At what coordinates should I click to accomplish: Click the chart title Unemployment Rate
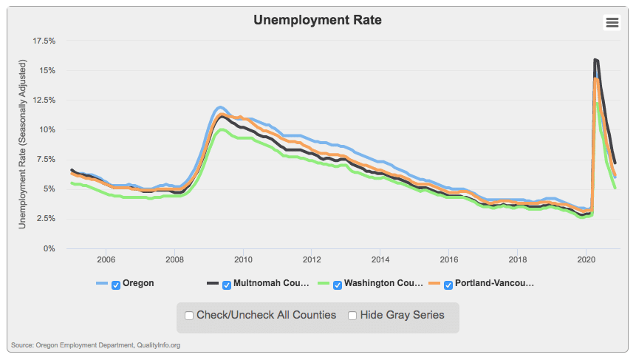pos(318,20)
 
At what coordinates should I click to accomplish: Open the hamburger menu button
pos(612,23)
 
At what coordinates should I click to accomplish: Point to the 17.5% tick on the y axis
pos(44,41)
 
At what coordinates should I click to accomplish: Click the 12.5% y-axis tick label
pos(44,100)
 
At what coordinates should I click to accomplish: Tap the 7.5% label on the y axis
pos(47,159)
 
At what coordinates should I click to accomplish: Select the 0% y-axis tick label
pos(50,248)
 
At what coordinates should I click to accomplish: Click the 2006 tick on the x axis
pos(106,260)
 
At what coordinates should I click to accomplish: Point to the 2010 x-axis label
pos(244,260)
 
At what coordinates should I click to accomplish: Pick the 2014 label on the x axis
pos(380,260)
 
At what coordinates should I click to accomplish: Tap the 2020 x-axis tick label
pos(586,260)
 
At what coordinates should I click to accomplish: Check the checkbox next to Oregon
pos(116,284)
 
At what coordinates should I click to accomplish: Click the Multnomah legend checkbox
pos(227,284)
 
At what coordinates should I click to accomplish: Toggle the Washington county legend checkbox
pos(338,284)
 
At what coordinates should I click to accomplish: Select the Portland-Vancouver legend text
pos(494,283)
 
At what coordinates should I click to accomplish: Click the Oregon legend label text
pos(138,283)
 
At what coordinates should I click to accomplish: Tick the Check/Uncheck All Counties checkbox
pos(189,316)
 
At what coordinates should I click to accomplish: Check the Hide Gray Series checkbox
pos(353,316)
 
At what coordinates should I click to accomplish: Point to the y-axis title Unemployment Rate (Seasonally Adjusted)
pos(22,144)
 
